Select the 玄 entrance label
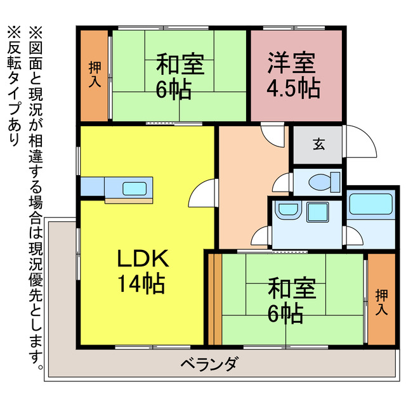pyautogui.click(x=318, y=144)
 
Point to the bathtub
pyautogui.click(x=370, y=207)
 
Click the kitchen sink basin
pyautogui.click(x=134, y=188)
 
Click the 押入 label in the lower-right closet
pyautogui.click(x=382, y=301)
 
